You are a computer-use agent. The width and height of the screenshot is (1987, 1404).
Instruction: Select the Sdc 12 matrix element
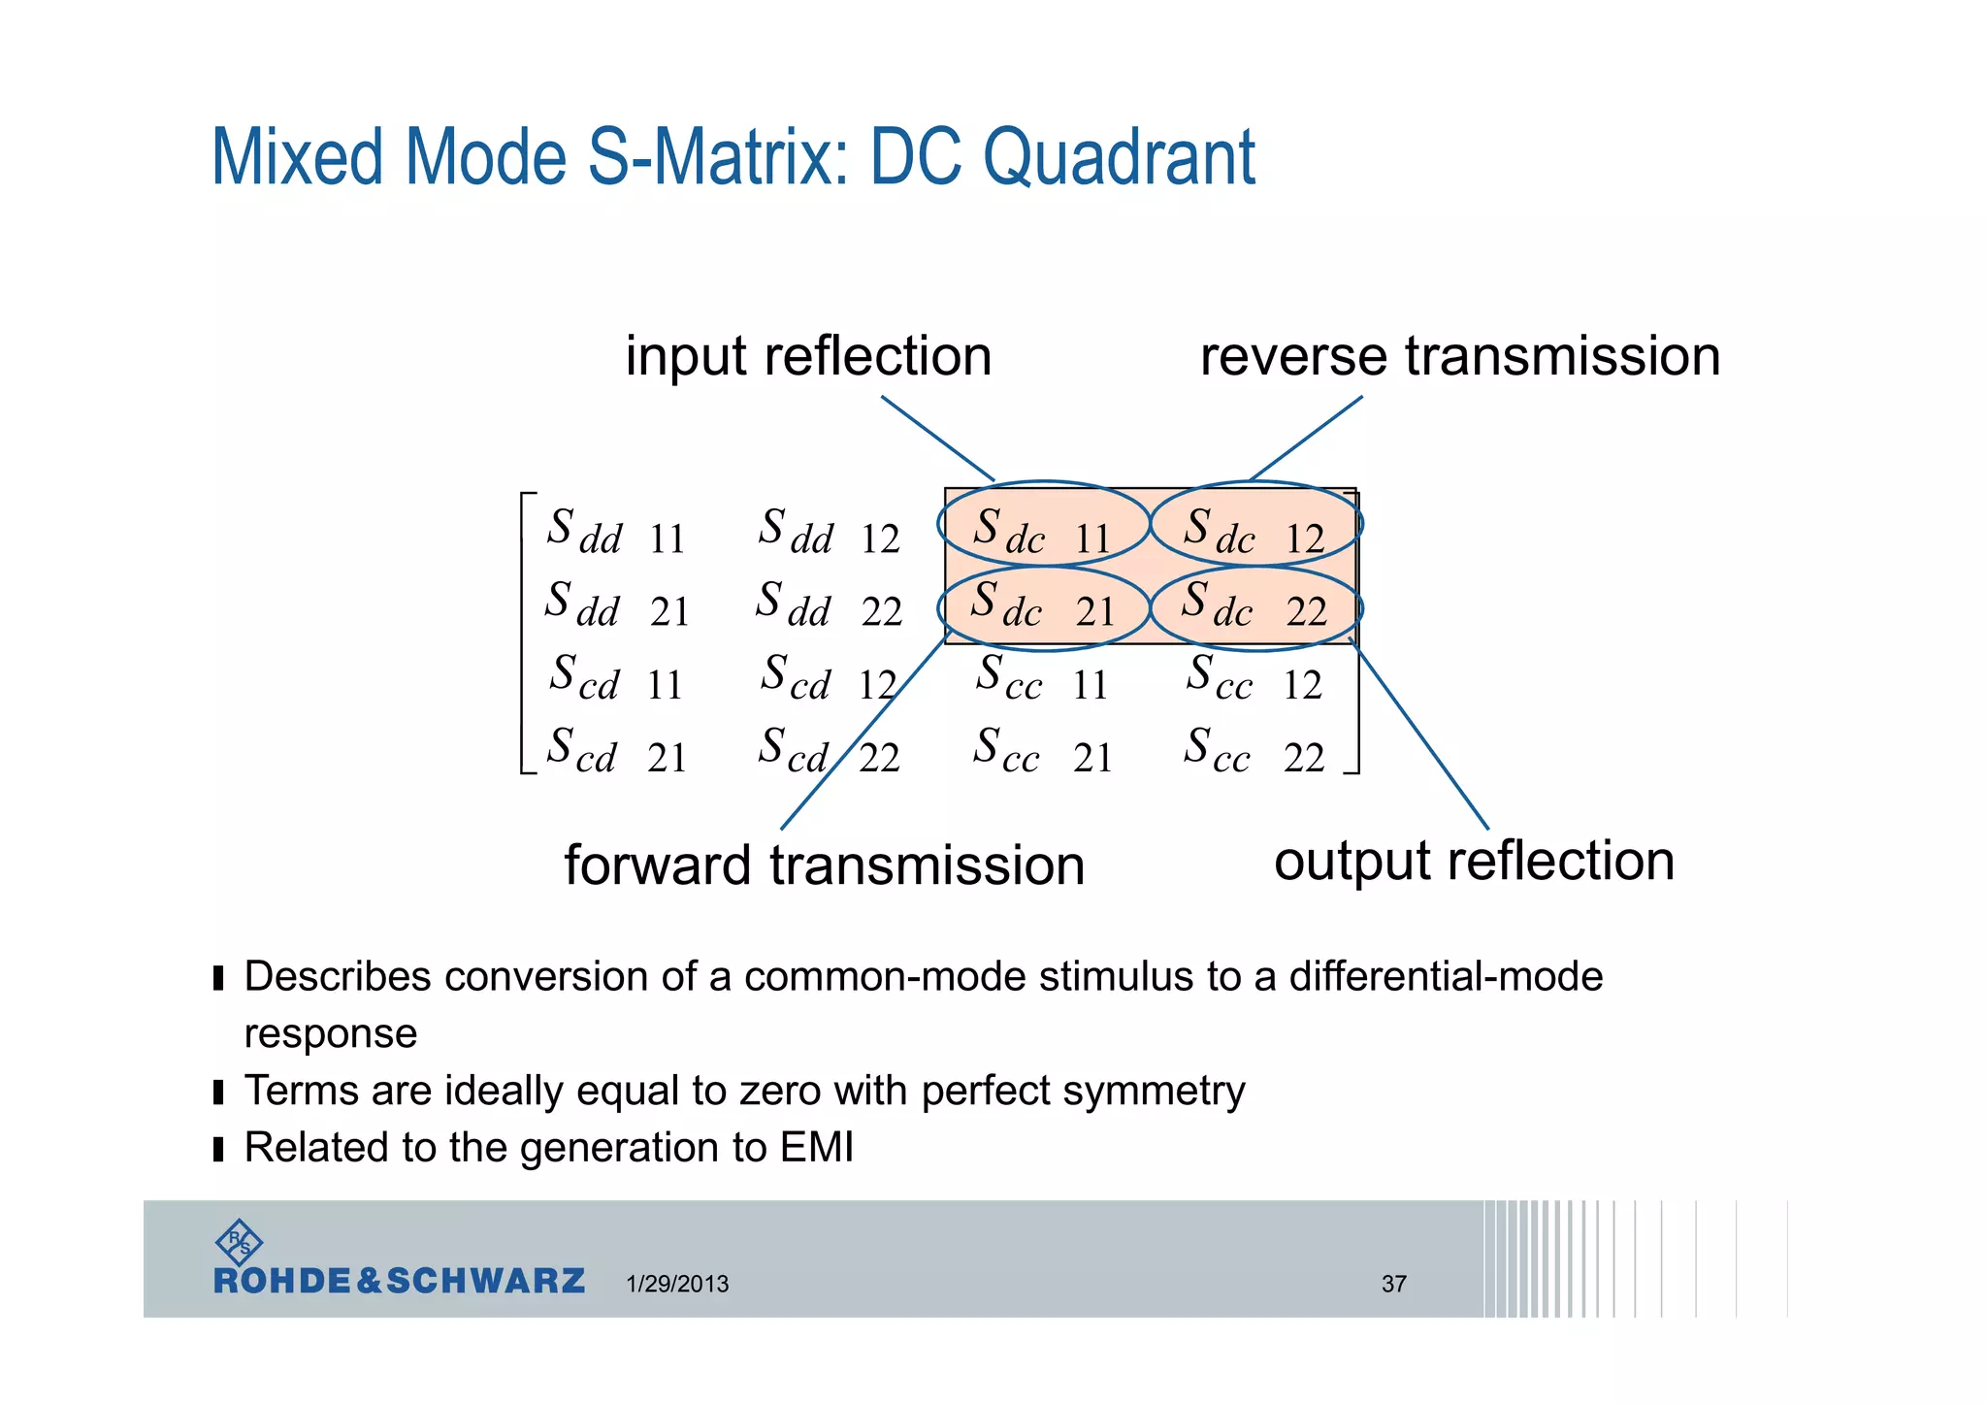pyautogui.click(x=1254, y=532)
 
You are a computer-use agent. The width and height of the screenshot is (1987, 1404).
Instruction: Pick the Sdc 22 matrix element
pyautogui.click(x=1254, y=605)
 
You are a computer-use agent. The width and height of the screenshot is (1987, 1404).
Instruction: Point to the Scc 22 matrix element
pyautogui.click(x=1254, y=752)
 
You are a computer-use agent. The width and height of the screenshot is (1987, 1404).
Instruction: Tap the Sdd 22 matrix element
pyautogui.click(x=830, y=605)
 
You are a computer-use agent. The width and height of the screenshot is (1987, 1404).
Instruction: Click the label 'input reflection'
pyautogui.click(x=808, y=356)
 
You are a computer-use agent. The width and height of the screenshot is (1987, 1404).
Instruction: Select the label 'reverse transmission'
pyautogui.click(x=1460, y=356)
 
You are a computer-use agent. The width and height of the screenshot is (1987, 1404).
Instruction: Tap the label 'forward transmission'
pyautogui.click(x=825, y=865)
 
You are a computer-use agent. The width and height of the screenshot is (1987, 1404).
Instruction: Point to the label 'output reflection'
pyautogui.click(x=1474, y=861)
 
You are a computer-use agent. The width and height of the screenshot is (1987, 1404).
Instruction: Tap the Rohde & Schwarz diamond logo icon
pyautogui.click(x=238, y=1241)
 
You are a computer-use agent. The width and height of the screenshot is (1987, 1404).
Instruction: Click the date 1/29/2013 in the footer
pyautogui.click(x=677, y=1284)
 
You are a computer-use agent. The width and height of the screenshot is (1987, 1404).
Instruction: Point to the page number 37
pyautogui.click(x=1393, y=1284)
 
